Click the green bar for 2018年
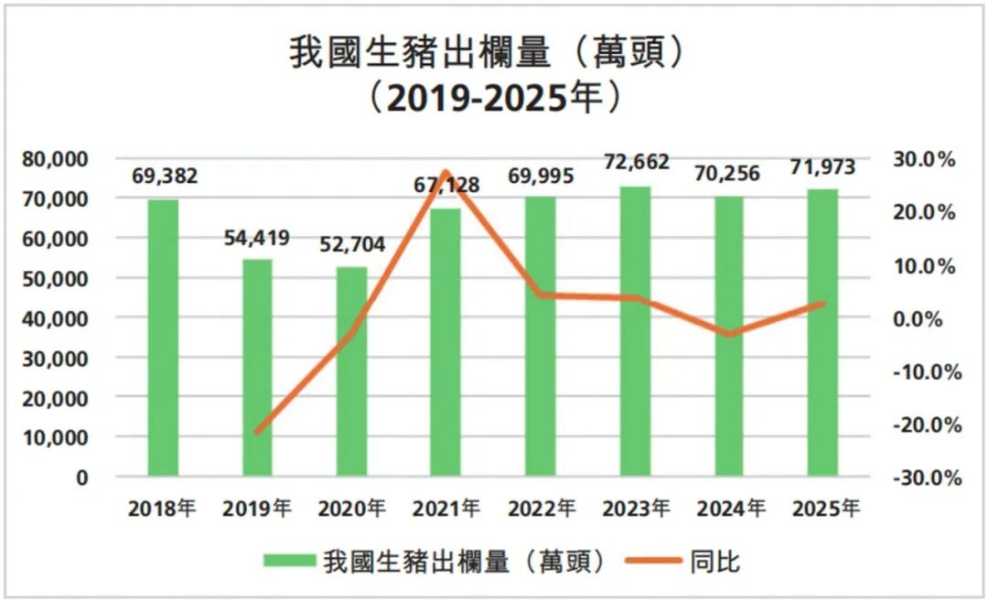tap(163, 338)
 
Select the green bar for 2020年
tap(351, 371)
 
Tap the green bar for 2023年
tap(635, 331)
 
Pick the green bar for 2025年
tap(822, 333)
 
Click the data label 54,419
tap(257, 239)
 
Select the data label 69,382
tap(165, 177)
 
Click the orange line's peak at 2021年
tap(445, 172)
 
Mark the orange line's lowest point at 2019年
tap(257, 431)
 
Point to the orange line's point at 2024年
tap(728, 335)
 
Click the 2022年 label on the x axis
tap(541, 509)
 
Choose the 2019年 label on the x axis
tap(257, 509)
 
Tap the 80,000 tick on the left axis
tap(57, 159)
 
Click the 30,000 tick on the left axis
tap(57, 359)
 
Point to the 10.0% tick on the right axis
tap(926, 266)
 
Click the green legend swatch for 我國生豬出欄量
tap(289, 561)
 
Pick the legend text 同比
tap(714, 561)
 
